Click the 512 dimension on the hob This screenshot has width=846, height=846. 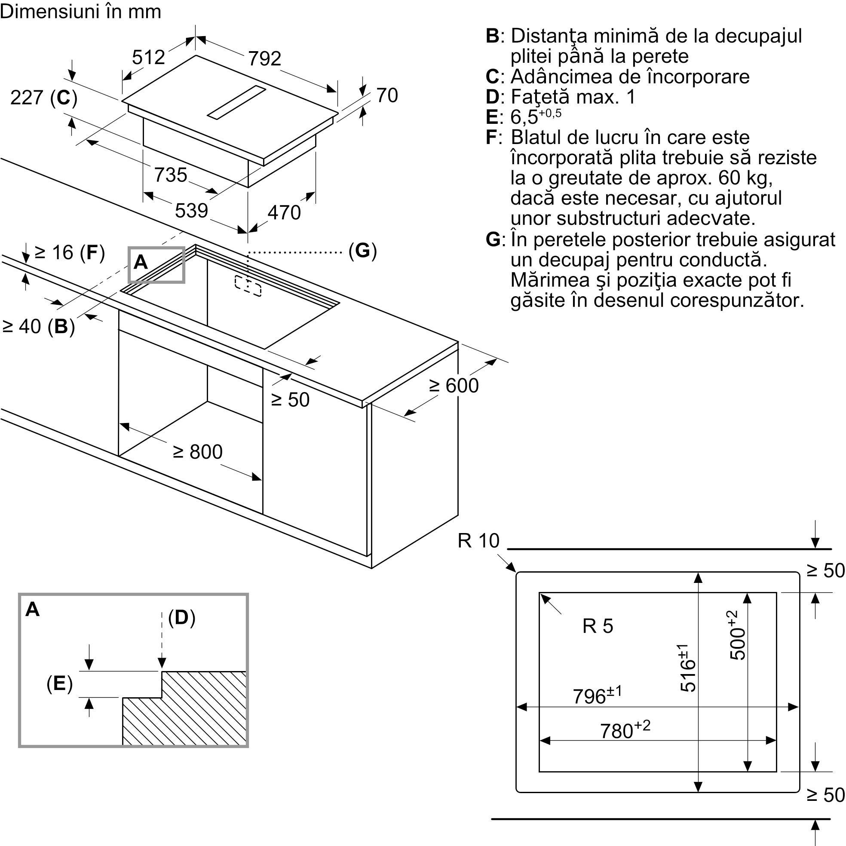click(148, 57)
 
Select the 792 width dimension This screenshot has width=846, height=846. click(264, 58)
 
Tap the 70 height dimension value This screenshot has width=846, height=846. click(387, 95)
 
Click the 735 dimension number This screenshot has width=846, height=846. click(170, 175)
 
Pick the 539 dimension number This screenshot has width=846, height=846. click(191, 211)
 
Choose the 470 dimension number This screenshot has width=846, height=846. click(284, 213)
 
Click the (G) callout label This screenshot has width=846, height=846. click(362, 251)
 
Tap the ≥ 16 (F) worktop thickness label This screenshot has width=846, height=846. click(70, 253)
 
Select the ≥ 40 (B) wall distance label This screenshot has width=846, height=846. click(39, 326)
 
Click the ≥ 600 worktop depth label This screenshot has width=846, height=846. click(454, 386)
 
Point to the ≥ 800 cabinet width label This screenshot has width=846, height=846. click(197, 452)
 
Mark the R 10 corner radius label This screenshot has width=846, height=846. click(478, 541)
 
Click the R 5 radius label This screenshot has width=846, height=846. click(598, 626)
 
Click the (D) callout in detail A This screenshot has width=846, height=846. click(182, 617)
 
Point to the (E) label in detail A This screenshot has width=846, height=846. click(60, 684)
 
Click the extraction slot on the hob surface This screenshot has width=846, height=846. click(236, 103)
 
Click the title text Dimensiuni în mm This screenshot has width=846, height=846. click(80, 11)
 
